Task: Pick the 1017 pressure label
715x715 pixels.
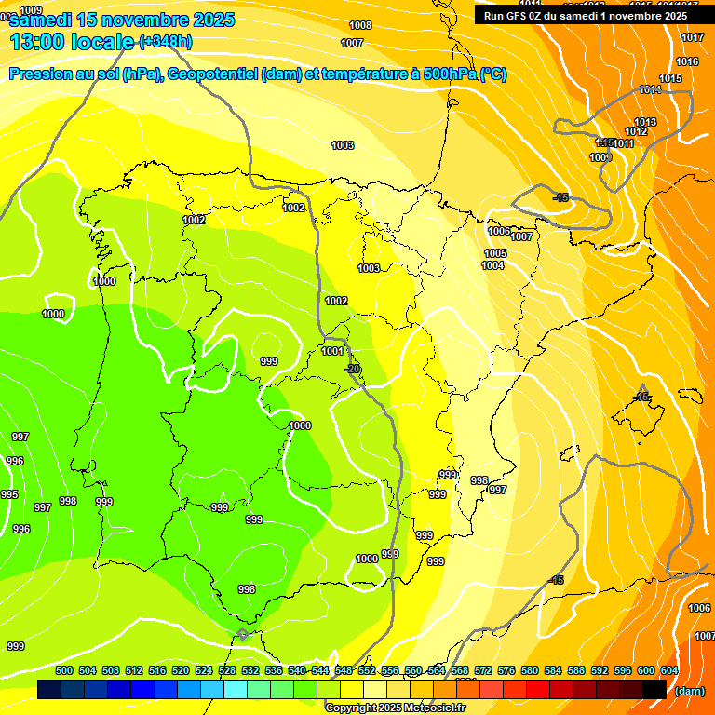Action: [x=692, y=37]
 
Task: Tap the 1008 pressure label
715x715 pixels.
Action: [x=360, y=25]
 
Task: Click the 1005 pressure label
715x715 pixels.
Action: [x=495, y=253]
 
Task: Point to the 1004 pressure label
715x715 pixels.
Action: [x=492, y=265]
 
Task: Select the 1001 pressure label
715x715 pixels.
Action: [x=332, y=351]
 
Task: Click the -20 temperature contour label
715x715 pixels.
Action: [x=352, y=369]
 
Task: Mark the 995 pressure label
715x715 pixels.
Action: [x=9, y=494]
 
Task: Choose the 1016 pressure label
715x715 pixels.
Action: [x=687, y=61]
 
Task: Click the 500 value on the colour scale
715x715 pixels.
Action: [x=64, y=670]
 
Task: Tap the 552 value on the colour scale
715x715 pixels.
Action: [x=366, y=670]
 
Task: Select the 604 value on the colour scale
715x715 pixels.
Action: [x=668, y=670]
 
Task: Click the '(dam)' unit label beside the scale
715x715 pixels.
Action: [x=689, y=691]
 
